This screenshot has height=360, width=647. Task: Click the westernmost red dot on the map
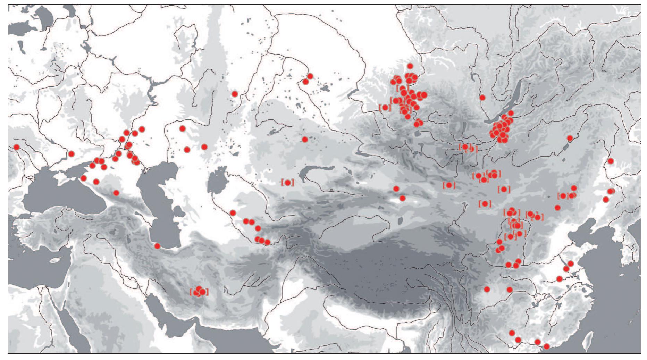(x=16, y=147)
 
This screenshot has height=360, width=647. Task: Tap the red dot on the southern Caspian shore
(x=157, y=246)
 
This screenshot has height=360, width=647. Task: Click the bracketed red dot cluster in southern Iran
(x=199, y=291)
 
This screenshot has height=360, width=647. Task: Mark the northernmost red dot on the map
(x=410, y=66)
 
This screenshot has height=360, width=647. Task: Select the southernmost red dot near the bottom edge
(x=547, y=346)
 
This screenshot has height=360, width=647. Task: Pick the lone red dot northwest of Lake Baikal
(x=482, y=98)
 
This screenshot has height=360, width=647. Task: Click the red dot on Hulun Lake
(x=570, y=138)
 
